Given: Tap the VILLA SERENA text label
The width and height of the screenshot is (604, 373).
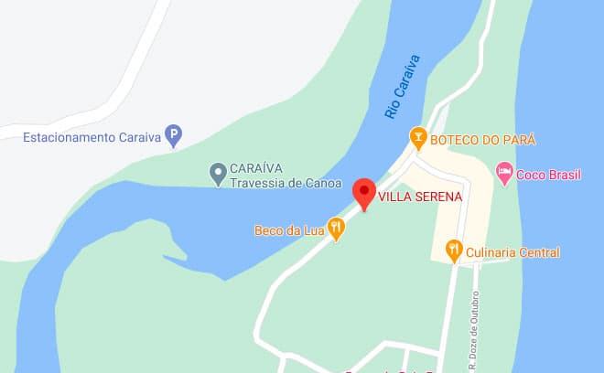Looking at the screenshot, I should (420, 196).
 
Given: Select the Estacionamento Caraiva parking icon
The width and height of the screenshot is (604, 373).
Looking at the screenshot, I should (173, 137).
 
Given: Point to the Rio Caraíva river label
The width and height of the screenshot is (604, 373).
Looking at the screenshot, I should (402, 86).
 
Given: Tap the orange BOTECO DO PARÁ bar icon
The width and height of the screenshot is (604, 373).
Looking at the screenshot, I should (418, 139).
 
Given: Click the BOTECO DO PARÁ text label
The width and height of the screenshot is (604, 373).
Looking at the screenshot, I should (482, 140).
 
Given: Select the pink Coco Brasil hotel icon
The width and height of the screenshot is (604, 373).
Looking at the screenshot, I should (503, 172).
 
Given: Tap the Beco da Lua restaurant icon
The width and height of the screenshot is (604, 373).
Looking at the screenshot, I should (336, 229).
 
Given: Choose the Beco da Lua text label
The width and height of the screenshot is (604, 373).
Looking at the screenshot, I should (289, 229).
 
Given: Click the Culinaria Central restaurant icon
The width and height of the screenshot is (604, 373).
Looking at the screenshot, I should (453, 250).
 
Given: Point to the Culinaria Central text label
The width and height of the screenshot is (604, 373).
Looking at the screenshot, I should (512, 251).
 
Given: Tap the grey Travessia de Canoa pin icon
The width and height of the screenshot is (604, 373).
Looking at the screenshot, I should (218, 172).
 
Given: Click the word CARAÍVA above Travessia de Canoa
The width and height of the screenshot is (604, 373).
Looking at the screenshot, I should (255, 167).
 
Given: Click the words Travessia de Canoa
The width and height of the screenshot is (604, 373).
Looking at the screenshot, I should (286, 182).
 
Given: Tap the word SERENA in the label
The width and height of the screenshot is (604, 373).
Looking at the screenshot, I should (440, 196).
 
